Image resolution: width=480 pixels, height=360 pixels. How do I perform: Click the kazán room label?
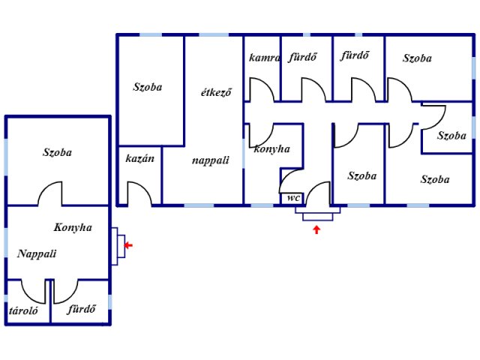pos(139,158)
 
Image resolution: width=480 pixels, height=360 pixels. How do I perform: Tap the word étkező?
pos(216,93)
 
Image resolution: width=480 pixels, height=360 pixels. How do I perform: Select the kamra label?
pos(265,58)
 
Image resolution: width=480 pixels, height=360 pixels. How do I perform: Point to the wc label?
pos(292,199)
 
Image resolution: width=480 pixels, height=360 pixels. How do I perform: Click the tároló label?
pos(24,310)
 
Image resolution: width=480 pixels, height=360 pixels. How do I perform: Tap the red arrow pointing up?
pos(316,229)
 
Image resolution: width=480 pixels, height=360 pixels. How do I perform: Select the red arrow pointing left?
pos(128,244)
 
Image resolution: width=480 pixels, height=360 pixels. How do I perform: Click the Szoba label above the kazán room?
pos(148,87)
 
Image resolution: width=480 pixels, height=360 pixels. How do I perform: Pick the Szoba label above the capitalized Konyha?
pos(57,152)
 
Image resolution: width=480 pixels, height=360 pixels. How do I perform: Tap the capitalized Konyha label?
pos(73,227)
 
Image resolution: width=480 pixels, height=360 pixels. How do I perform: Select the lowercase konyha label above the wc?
pos(272,149)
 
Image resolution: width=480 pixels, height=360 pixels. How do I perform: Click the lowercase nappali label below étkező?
pos(210,160)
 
